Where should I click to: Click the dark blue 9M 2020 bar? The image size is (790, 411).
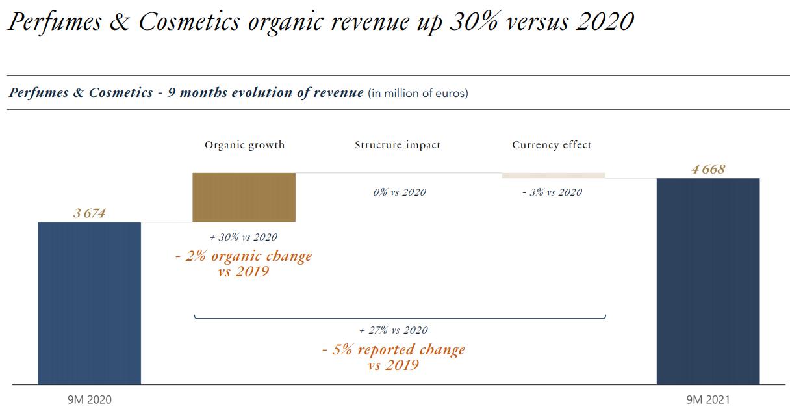point(89,303)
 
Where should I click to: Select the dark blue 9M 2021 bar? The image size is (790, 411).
point(708,282)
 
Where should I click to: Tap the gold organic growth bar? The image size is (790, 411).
point(244,198)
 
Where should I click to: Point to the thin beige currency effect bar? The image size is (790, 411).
point(554,176)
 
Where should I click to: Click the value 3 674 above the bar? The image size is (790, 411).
point(90,213)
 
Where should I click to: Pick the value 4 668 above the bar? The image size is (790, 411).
point(708,169)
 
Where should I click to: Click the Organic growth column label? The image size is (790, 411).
point(244,145)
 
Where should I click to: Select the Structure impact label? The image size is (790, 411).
point(398,145)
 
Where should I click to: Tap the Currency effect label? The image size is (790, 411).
point(552,145)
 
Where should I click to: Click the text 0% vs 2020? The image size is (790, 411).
point(400,192)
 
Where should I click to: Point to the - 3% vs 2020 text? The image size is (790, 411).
point(552,192)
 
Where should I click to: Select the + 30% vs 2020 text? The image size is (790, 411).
point(244,237)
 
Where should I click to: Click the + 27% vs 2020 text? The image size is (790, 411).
point(394,330)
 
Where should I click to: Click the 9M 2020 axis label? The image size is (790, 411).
point(90,400)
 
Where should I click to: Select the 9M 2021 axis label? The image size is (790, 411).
point(708,400)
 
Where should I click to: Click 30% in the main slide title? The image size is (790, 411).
point(474,21)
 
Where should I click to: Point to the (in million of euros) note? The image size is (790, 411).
point(418,93)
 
